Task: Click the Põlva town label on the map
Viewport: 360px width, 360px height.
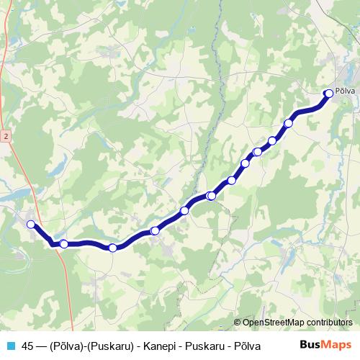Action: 344,91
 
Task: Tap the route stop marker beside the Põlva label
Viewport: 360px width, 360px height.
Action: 329,92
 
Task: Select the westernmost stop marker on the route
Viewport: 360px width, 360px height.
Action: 31,225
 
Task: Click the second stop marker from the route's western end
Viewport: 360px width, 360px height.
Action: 64,244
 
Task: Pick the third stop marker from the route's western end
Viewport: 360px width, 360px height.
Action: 113,248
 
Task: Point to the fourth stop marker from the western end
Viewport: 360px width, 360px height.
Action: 155,230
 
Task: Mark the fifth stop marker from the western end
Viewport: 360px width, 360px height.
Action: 185,210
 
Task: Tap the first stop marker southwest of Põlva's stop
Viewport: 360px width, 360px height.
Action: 289,123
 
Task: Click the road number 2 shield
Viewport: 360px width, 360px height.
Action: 5,135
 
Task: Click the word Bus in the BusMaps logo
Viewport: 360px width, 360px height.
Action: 310,345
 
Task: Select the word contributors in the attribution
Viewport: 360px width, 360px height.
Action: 328,323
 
